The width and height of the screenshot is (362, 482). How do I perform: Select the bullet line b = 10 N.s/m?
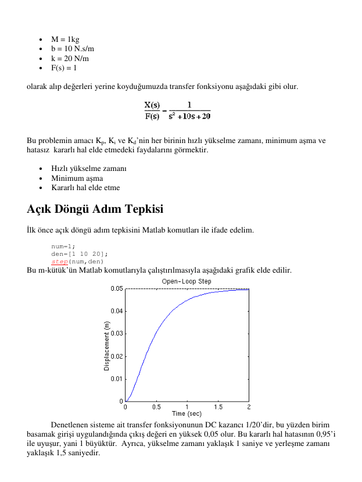[x=73, y=49]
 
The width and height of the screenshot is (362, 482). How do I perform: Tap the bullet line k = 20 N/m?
[x=70, y=58]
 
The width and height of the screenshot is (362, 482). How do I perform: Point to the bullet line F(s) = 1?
[x=64, y=67]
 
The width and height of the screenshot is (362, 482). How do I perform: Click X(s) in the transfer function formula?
[x=152, y=105]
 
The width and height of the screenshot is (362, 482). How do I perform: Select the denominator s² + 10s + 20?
[x=189, y=116]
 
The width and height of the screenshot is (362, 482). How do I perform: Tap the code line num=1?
[x=63, y=246]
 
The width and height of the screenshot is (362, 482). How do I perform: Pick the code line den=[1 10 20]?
[x=80, y=254]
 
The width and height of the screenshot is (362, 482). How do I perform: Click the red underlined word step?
[x=60, y=261]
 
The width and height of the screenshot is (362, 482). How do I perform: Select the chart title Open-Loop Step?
[x=187, y=281]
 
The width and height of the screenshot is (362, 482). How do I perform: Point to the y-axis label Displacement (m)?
[x=107, y=347]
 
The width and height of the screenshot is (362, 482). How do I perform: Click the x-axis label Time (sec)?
[x=187, y=413]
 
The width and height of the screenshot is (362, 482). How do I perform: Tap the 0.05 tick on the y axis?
[x=117, y=288]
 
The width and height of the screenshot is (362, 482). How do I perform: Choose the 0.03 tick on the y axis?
[x=117, y=333]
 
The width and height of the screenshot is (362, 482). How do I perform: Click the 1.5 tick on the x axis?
[x=218, y=407]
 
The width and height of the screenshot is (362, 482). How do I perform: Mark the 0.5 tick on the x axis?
[x=156, y=407]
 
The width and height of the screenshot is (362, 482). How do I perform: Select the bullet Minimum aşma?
[x=77, y=178]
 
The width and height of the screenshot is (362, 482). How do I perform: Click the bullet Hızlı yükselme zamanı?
[x=89, y=169]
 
